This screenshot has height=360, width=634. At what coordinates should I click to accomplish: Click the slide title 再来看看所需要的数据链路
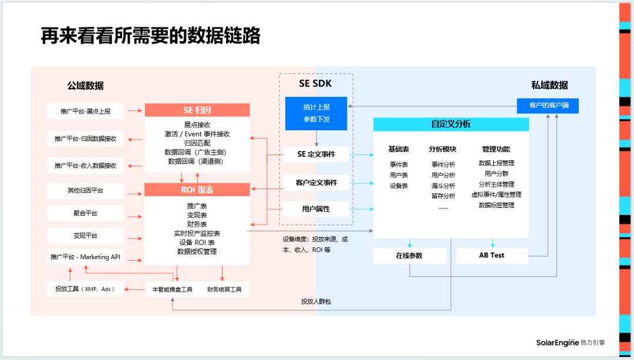(150, 36)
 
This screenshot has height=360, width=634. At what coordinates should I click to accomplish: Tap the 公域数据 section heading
(85, 86)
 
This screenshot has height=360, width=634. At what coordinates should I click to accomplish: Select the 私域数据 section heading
(549, 85)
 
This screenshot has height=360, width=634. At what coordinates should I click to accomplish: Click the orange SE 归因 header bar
(197, 110)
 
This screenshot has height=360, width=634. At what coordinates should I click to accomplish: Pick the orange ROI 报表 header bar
(197, 190)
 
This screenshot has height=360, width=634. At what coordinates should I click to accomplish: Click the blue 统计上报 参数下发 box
(316, 112)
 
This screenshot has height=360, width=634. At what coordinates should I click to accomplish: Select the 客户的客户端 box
(548, 106)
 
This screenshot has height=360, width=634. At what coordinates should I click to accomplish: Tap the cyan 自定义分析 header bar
(451, 125)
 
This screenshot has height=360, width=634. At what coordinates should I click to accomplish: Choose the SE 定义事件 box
(316, 154)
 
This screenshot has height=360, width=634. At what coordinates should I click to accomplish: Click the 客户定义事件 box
(316, 182)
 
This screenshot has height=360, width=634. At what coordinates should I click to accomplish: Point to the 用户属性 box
(316, 208)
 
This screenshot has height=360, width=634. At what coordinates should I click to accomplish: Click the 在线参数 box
(409, 255)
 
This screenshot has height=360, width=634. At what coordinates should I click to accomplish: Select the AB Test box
(491, 255)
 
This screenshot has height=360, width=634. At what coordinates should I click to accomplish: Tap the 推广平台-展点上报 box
(85, 110)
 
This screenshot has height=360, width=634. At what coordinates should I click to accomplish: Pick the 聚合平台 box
(85, 213)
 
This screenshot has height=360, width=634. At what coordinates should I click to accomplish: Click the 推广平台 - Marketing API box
(85, 257)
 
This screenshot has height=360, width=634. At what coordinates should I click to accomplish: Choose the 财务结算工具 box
(224, 289)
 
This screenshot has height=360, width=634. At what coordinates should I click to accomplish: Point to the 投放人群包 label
(320, 302)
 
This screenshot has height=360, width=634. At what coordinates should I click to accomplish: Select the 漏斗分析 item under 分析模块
(443, 186)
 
